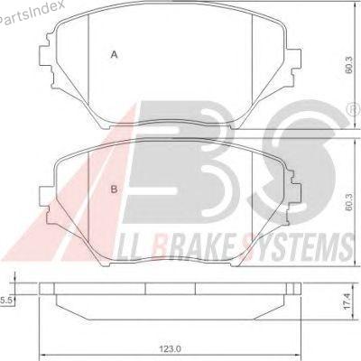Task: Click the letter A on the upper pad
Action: click(114, 55)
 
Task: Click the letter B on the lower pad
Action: click(114, 190)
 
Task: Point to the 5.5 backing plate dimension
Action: click(5, 300)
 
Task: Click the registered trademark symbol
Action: click(356, 109)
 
